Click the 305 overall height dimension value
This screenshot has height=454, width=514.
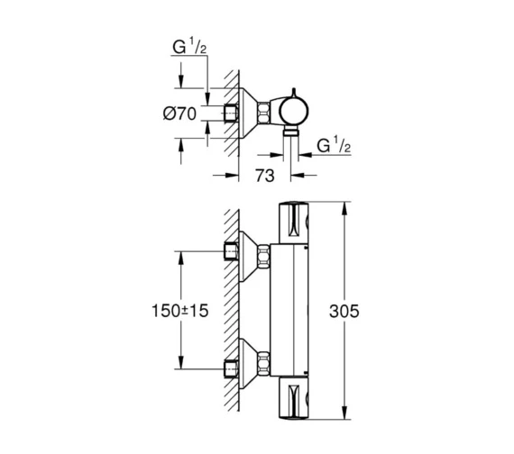click(x=344, y=312)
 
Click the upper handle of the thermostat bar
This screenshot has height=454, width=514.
click(x=294, y=224)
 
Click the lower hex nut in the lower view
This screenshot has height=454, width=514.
click(x=265, y=367)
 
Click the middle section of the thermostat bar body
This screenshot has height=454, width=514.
click(x=294, y=311)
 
